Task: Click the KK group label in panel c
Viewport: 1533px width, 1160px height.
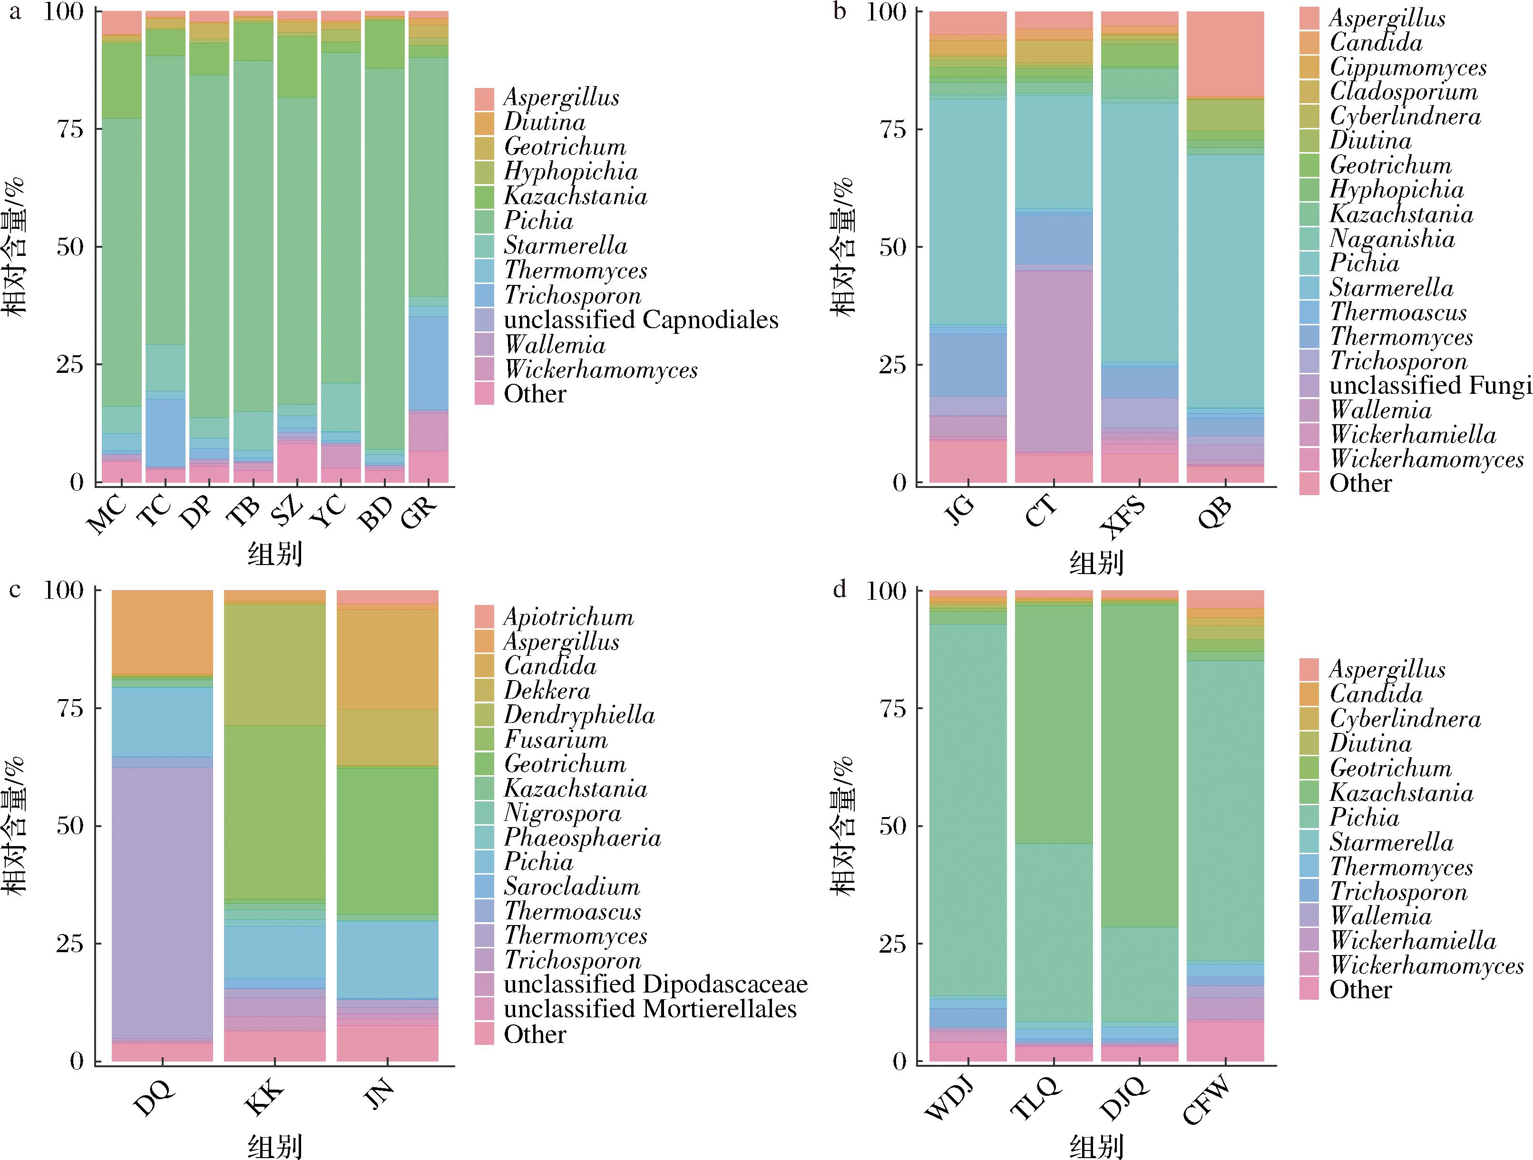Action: [265, 1096]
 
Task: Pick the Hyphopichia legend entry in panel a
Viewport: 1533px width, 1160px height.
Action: [570, 171]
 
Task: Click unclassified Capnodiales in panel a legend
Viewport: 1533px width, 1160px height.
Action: [640, 320]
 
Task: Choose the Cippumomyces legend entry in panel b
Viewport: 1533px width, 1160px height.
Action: [1407, 67]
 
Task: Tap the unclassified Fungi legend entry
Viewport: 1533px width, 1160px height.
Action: [1429, 385]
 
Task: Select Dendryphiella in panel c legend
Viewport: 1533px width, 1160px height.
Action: [579, 714]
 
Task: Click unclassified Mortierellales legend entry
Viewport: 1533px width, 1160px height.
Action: [649, 1009]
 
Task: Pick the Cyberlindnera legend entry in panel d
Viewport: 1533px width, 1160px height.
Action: [1404, 719]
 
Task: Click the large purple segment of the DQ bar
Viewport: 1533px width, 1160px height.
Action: [162, 901]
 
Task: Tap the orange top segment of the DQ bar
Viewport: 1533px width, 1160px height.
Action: [162, 631]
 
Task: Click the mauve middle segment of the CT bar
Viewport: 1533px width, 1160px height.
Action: [1054, 361]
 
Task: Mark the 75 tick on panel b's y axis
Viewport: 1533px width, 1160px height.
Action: [899, 129]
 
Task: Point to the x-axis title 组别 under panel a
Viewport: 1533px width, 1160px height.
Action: [275, 555]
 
